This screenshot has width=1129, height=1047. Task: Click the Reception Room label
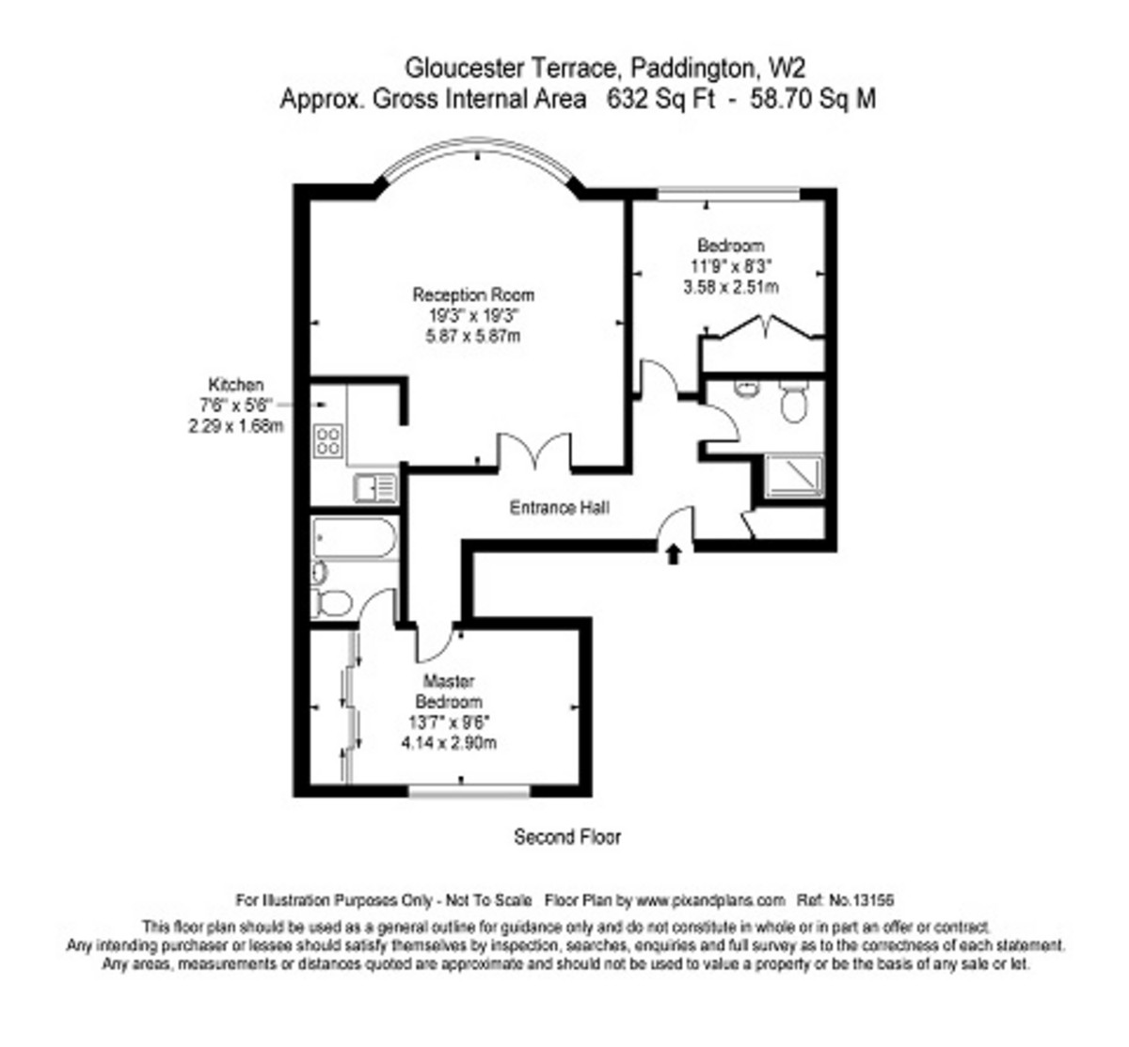(x=473, y=295)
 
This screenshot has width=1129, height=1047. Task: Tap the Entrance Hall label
(x=560, y=508)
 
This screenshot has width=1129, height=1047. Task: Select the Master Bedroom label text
(x=449, y=691)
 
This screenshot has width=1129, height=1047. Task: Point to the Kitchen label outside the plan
(x=236, y=385)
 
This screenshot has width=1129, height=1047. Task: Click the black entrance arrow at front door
(x=674, y=554)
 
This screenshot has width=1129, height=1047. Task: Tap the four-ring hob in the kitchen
(x=328, y=441)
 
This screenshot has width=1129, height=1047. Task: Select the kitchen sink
(x=375, y=487)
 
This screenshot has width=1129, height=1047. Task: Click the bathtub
(x=354, y=537)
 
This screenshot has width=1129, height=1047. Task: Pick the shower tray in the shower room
(x=794, y=476)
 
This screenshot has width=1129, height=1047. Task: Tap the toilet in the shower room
(x=794, y=400)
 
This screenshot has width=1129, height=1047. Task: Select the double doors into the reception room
(x=534, y=451)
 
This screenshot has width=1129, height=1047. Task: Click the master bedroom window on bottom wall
(x=469, y=790)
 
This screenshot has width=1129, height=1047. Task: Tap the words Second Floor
(x=567, y=837)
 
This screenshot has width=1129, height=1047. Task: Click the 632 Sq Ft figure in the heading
(x=661, y=100)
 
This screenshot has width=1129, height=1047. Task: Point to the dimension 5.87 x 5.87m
(x=473, y=336)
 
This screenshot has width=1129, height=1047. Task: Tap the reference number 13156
(x=873, y=900)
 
